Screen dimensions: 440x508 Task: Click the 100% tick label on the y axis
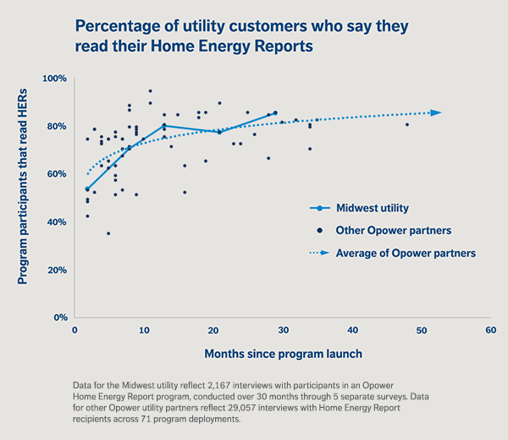click(55, 79)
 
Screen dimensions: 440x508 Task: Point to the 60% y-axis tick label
click(57, 174)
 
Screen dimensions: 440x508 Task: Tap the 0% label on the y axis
click(60, 318)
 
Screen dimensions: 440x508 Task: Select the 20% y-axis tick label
click(57, 270)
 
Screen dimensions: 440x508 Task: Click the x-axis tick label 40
click(351, 329)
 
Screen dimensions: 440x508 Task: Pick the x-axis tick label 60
click(489, 329)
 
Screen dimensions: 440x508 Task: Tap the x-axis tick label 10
click(144, 329)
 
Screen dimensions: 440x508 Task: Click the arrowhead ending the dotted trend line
click(436, 113)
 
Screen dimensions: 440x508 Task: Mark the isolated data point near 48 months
click(406, 124)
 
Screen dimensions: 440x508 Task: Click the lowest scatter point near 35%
click(108, 234)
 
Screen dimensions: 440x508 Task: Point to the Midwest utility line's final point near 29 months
click(274, 113)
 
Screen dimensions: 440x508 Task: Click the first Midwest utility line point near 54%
click(87, 189)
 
